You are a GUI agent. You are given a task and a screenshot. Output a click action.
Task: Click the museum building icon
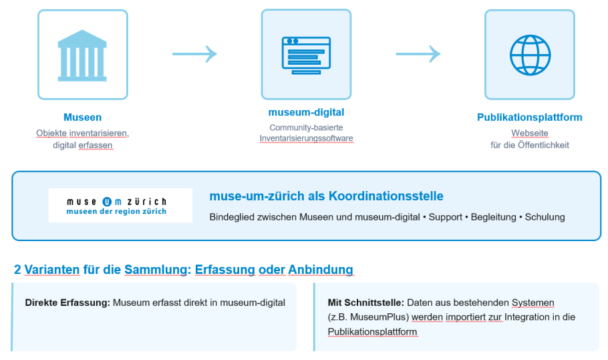(82, 55)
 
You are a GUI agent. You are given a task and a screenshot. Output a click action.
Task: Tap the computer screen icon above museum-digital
(306, 54)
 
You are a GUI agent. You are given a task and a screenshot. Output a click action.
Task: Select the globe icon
(529, 54)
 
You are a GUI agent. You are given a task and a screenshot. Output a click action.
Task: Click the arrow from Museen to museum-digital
(194, 54)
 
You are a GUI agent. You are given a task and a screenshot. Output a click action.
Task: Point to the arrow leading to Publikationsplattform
(418, 54)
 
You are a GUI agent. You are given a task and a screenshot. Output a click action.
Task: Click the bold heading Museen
(82, 118)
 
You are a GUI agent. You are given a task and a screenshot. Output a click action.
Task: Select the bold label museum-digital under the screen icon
(306, 112)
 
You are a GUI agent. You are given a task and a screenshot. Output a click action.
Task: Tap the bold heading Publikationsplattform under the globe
(529, 118)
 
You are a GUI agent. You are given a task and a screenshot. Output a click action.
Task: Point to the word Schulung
(545, 217)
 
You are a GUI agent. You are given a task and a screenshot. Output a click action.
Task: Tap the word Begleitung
(493, 217)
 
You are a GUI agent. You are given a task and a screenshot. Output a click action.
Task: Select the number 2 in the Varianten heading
(17, 270)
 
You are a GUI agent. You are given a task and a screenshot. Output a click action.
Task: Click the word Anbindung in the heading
(320, 270)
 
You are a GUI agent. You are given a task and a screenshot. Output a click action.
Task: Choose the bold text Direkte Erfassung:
(67, 303)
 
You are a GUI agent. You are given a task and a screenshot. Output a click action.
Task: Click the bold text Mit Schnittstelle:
(365, 303)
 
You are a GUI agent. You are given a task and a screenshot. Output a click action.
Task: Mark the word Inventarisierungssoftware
(306, 138)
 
